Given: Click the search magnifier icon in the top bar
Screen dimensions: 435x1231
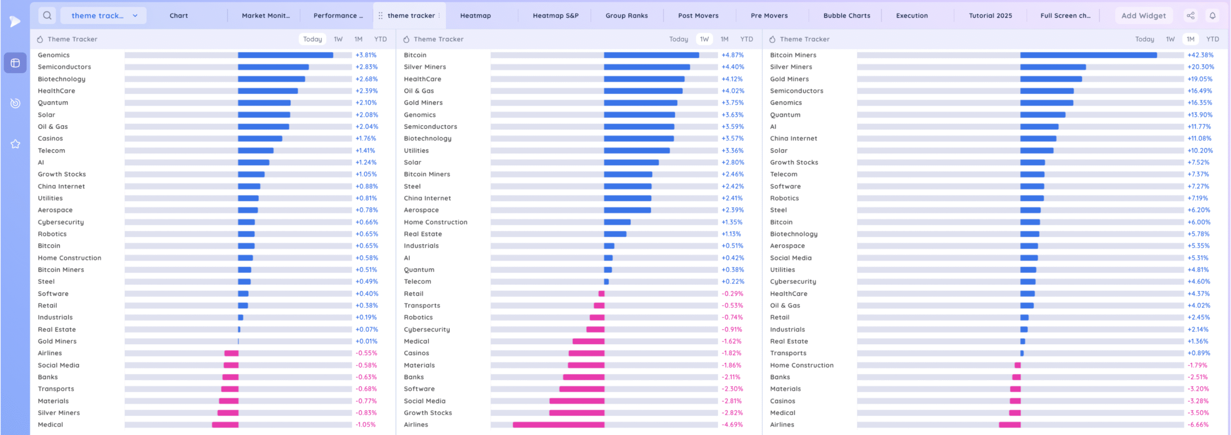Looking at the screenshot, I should point(47,15).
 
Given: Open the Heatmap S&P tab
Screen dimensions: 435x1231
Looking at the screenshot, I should point(555,15).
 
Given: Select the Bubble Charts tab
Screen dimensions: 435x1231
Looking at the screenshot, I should point(846,15).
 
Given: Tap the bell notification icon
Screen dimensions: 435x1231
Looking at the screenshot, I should point(1212,15).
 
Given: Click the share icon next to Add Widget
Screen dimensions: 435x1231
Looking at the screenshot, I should point(1191,15).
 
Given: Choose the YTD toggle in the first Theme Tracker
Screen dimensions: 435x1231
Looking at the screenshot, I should point(380,39).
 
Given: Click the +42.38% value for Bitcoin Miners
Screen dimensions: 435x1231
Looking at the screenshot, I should point(1200,55).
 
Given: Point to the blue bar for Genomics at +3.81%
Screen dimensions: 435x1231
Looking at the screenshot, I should point(285,55).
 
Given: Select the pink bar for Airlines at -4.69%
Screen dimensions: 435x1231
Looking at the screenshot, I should point(558,424).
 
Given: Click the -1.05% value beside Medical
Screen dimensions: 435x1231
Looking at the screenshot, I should point(365,424).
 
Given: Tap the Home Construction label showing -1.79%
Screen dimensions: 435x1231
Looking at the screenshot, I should point(802,365).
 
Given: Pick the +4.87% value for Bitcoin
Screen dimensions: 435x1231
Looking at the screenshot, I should point(732,55).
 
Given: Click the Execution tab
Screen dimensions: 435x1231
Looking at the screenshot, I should point(912,15).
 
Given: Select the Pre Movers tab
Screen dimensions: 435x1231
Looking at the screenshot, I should point(769,15).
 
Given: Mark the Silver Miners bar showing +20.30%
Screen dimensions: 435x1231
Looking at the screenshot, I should point(1053,67).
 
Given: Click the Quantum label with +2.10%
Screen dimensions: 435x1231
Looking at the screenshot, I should point(53,102).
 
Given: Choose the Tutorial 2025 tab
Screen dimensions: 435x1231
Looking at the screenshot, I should point(990,15).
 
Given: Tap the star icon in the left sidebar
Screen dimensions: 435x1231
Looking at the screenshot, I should point(15,144).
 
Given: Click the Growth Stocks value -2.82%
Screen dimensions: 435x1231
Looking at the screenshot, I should point(732,412).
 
